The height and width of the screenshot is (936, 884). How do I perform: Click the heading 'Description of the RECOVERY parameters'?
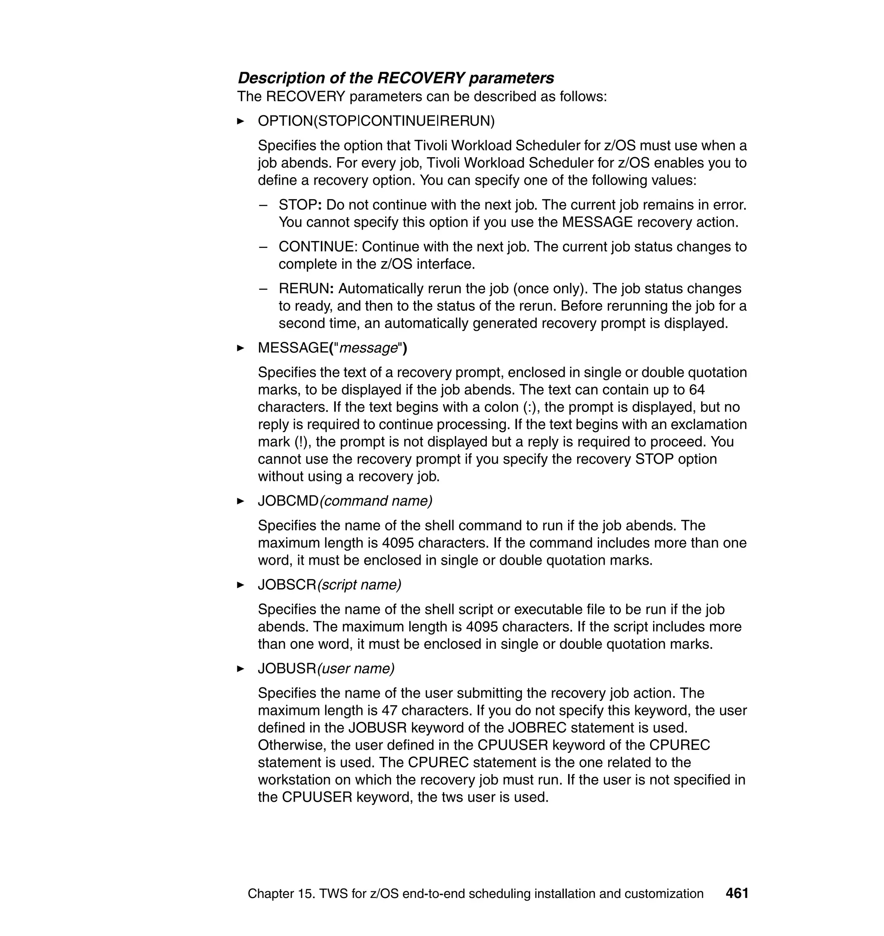[x=396, y=78]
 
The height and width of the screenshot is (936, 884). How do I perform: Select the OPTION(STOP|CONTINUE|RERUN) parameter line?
[x=376, y=121]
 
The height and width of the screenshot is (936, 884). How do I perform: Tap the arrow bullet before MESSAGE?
[x=240, y=348]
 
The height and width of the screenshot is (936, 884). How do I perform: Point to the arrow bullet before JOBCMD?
[x=240, y=501]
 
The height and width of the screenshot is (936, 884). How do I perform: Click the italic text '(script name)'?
[x=359, y=585]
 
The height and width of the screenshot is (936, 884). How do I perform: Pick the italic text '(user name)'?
[x=356, y=669]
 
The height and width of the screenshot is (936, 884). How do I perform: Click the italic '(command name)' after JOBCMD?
[x=376, y=501]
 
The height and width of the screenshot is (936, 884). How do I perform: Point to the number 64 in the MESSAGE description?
[x=697, y=390]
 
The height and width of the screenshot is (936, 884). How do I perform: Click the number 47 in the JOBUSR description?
[x=390, y=710]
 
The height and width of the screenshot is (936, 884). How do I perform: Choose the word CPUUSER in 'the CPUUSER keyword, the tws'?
[x=317, y=797]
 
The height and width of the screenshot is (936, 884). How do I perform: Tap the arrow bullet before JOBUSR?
[x=240, y=669]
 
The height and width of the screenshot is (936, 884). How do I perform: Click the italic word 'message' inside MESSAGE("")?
[x=369, y=348]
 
